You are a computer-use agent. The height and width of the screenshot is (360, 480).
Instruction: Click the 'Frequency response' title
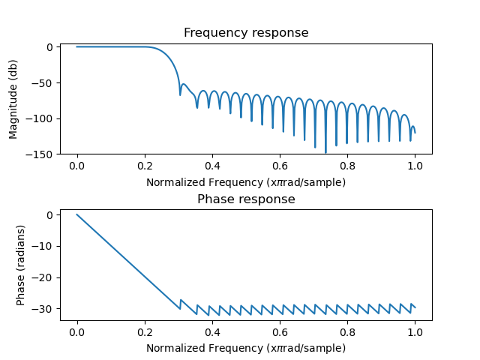[x=246, y=33]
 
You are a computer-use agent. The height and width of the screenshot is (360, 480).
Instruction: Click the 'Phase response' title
[x=246, y=199]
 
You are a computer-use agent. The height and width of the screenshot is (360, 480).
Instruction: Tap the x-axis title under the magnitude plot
[x=246, y=182]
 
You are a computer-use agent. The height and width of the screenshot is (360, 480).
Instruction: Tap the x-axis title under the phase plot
[x=246, y=348]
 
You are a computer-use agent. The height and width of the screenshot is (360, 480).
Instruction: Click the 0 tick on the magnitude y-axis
[x=51, y=47]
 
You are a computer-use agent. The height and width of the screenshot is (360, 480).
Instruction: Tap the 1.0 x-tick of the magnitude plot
[x=415, y=166]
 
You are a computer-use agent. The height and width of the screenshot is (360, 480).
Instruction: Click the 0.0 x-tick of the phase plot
[x=77, y=332]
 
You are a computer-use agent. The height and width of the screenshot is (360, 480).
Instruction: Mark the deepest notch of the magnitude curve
[x=325, y=152]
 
